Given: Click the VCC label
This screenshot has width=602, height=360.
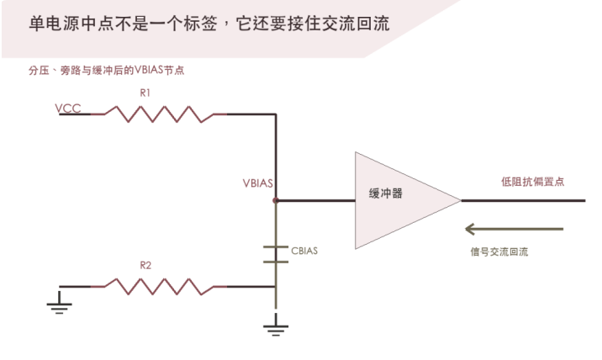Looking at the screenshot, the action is tap(68, 109).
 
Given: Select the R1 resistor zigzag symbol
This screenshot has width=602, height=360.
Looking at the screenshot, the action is tap(159, 114).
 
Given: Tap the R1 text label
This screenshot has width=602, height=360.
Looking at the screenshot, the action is tap(145, 93).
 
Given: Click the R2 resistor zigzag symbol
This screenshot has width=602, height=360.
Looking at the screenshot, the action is tap(159, 287).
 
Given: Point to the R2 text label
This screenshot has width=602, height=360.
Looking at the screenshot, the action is tap(145, 265).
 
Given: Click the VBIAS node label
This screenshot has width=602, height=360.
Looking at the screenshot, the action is tap(257, 183).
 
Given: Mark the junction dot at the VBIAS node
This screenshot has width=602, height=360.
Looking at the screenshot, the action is tap(276, 200).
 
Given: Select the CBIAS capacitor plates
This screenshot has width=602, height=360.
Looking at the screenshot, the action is tap(276, 254).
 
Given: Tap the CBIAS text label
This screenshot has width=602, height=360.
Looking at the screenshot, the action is tap(304, 251).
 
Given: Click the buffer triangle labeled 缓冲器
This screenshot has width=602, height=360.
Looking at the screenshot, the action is tap(399, 200).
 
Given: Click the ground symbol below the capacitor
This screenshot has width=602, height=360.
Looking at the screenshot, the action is tap(276, 325).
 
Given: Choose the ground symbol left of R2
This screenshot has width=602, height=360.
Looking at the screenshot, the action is tap(59, 303).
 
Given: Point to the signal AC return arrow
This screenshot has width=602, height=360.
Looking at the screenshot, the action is tap(514, 229).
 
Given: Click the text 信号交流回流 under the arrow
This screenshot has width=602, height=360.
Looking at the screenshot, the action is tap(499, 251).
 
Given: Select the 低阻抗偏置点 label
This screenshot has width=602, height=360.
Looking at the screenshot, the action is tap(532, 182).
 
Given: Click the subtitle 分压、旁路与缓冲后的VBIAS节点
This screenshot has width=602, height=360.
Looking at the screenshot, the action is tap(106, 71).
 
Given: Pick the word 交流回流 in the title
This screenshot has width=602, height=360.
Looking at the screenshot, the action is tap(356, 24).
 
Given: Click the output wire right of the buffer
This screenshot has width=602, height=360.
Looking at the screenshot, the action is tap(523, 200).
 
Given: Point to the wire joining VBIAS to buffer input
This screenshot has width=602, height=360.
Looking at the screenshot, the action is tap(315, 200).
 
